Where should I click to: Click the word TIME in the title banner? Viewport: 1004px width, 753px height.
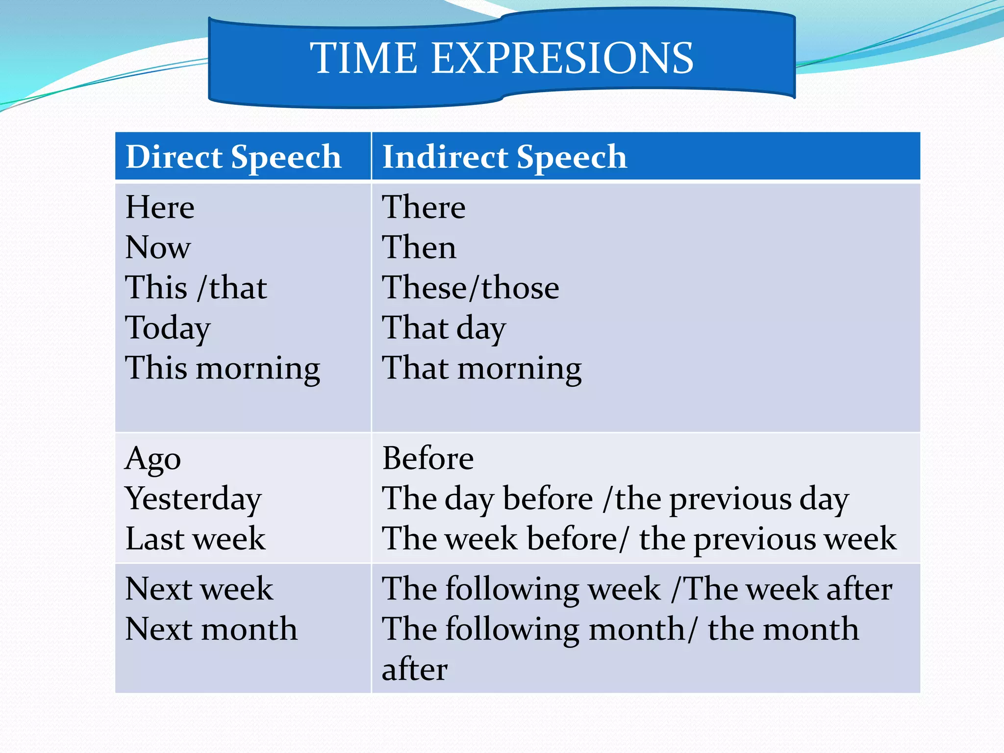(363, 58)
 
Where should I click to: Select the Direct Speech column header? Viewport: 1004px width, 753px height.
(233, 157)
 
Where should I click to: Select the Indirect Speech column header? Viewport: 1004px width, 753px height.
(504, 157)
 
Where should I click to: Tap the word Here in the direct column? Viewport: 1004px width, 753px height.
(160, 207)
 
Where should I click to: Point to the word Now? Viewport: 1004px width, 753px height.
(158, 247)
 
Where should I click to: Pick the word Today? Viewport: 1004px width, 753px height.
(168, 328)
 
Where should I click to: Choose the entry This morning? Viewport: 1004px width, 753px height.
(223, 368)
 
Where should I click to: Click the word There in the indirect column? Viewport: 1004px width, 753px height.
(424, 207)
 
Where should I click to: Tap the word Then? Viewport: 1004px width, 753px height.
(419, 247)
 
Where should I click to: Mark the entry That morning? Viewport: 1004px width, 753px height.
(481, 368)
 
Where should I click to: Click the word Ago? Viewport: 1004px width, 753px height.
(153, 459)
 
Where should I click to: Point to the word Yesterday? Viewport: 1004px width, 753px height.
(193, 499)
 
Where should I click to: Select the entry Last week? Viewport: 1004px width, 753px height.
(195, 539)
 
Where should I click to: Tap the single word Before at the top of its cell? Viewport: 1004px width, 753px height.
(427, 458)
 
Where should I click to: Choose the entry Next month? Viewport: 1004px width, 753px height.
(211, 629)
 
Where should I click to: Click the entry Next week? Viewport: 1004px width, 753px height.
(199, 589)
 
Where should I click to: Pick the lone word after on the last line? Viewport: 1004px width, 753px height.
(414, 670)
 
